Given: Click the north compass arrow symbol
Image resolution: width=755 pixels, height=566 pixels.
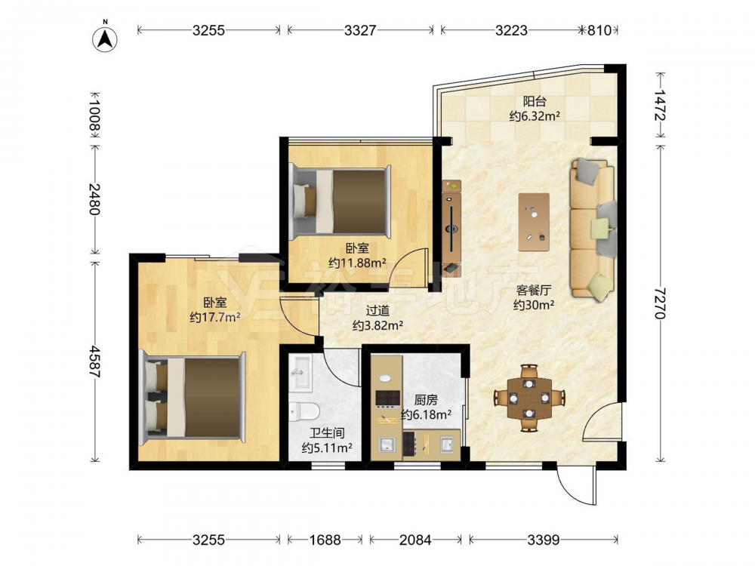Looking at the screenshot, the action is (x=104, y=38).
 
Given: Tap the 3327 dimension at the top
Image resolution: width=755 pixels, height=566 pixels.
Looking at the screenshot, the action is (x=360, y=30).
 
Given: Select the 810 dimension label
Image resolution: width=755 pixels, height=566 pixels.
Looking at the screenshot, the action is (x=599, y=30).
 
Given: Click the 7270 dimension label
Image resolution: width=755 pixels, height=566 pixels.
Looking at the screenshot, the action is (x=660, y=303).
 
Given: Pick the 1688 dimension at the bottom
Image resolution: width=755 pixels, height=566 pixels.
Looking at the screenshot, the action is (x=325, y=540).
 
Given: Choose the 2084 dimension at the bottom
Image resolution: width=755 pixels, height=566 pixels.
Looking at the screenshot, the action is (x=415, y=540).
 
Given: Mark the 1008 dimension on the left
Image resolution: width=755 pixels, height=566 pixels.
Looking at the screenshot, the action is (x=95, y=115).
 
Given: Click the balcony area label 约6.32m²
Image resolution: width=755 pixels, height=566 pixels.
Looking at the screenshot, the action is (x=535, y=116).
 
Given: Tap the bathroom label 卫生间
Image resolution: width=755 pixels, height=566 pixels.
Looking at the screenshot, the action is (x=327, y=433).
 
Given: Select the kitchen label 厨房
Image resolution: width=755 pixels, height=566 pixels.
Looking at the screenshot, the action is (x=426, y=400).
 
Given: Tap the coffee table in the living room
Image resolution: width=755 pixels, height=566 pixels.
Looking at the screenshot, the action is (x=534, y=222).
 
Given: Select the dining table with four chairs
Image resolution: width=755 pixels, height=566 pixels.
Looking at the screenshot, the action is (x=529, y=398).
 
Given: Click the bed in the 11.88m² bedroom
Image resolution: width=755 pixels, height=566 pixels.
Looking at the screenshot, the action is (x=341, y=202).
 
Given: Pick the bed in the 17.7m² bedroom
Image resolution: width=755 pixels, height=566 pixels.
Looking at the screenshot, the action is (x=193, y=398).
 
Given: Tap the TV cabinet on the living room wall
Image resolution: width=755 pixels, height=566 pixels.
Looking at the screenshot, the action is (x=451, y=228).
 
